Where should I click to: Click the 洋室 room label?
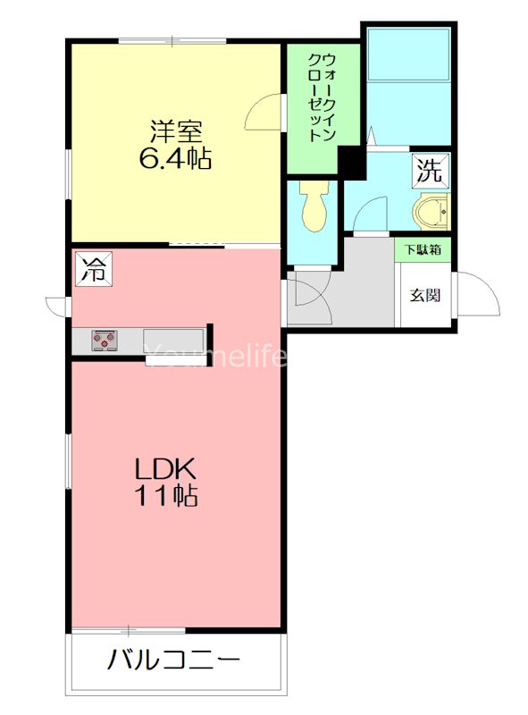point(174,131)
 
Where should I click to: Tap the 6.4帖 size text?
point(174,160)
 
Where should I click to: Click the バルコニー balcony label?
point(174,661)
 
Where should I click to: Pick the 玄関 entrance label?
point(424,296)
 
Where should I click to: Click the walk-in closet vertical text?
point(321,98)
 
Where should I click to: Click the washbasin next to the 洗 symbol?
point(432,213)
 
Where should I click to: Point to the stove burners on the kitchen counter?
point(105,340)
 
